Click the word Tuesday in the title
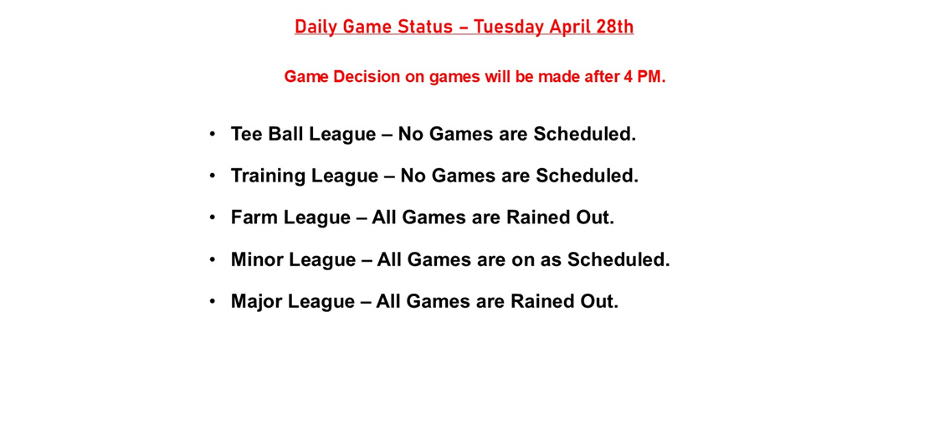tap(508, 27)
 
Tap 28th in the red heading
tap(614, 27)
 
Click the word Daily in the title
tap(316, 27)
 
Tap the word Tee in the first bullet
tap(246, 134)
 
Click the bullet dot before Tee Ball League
tap(213, 133)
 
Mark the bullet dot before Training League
tap(213, 175)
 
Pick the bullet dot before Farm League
tap(213, 217)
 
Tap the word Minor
tap(257, 259)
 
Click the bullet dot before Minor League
tap(213, 258)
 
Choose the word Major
tap(256, 301)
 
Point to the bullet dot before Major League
tap(213, 300)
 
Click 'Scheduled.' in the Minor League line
tap(618, 259)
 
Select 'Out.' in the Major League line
tap(599, 301)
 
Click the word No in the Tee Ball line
tap(409, 134)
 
